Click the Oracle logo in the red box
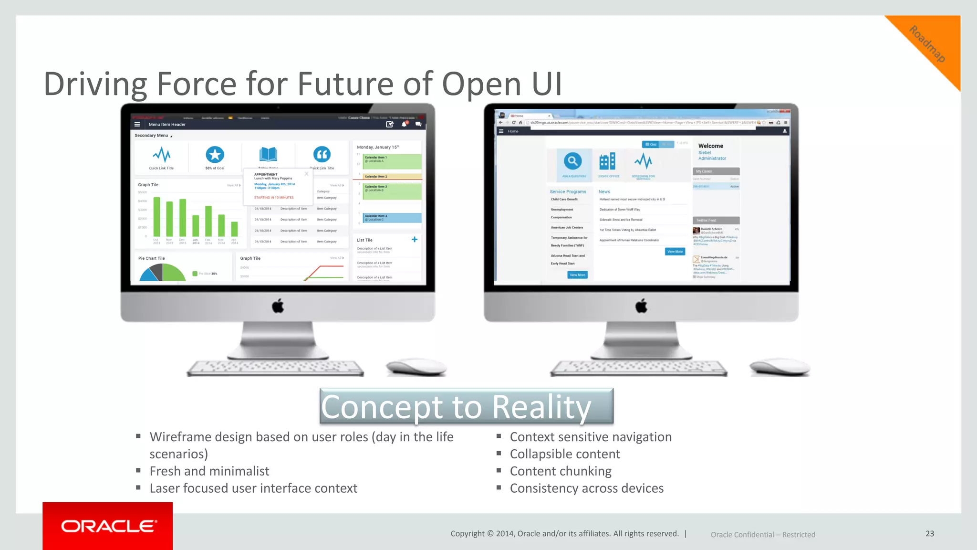108,526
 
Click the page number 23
930,534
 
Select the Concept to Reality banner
466,407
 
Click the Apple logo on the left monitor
278,306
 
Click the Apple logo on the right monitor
641,306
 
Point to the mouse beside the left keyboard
416,367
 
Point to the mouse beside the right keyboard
780,367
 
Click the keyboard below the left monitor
275,368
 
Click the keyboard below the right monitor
639,368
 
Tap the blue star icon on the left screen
215,155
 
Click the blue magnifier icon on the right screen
572,161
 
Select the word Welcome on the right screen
710,146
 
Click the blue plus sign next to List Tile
414,240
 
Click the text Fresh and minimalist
209,471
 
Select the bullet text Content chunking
561,471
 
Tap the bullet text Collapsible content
565,454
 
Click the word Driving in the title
95,84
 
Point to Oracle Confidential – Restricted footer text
762,535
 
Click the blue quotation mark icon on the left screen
322,154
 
